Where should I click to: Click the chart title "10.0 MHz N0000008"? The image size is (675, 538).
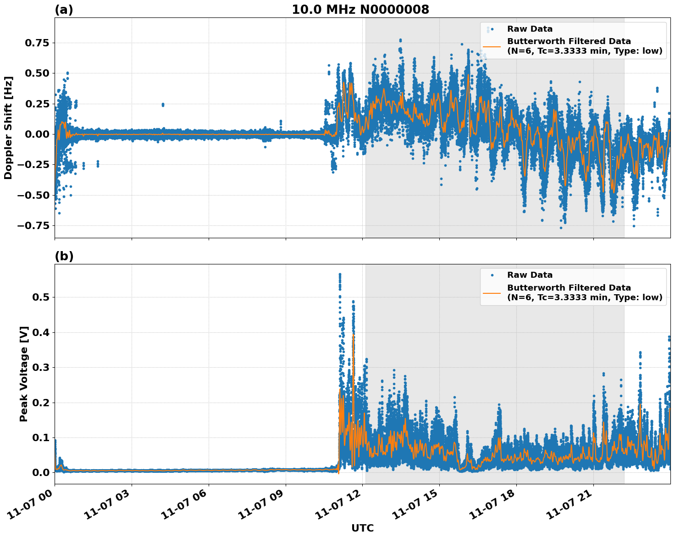pyautogui.click(x=360, y=10)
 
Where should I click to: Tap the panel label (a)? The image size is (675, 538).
pyautogui.click(x=64, y=10)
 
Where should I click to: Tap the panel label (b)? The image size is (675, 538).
pyautogui.click(x=64, y=256)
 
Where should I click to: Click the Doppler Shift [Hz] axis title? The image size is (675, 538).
pyautogui.click(x=8, y=128)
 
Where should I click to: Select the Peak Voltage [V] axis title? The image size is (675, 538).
pyautogui.click(x=24, y=374)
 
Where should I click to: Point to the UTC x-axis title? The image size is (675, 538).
pyautogui.click(x=362, y=528)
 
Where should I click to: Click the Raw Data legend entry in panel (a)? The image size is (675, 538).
pyautogui.click(x=530, y=29)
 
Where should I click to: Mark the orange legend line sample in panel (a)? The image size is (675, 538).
pyautogui.click(x=492, y=46)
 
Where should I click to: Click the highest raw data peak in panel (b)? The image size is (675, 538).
pyautogui.click(x=340, y=275)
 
